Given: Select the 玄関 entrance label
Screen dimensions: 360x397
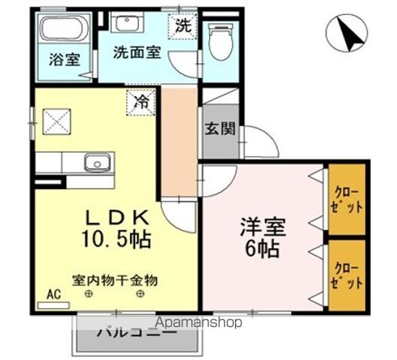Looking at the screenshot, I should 219,128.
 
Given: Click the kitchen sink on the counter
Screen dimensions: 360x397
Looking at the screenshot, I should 97,163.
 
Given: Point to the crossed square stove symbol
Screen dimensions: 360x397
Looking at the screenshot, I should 56,121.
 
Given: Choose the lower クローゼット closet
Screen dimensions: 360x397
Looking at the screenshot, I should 347,274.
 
